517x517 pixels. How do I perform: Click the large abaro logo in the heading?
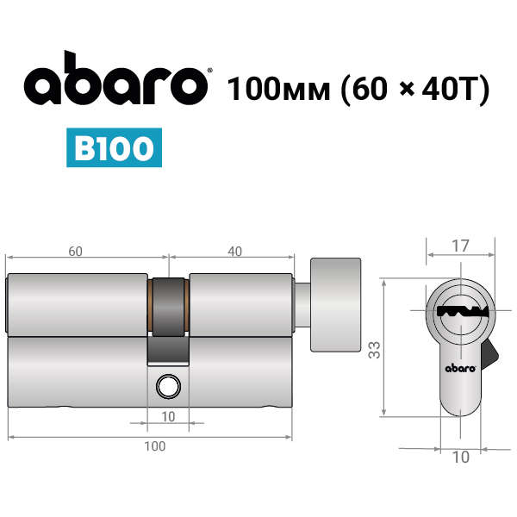coord(115,79)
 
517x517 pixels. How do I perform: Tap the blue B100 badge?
coord(114,147)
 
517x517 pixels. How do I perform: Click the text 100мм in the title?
coord(278,89)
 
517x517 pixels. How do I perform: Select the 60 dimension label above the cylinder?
coord(75,252)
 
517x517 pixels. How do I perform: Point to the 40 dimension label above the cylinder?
coord(234,252)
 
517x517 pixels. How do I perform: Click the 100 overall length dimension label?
coord(155,446)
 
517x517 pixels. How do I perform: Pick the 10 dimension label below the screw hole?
coord(168,417)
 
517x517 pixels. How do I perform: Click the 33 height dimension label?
coord(375,350)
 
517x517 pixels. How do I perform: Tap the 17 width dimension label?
coord(460,246)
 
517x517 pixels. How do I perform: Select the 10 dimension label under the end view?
coord(461,458)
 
